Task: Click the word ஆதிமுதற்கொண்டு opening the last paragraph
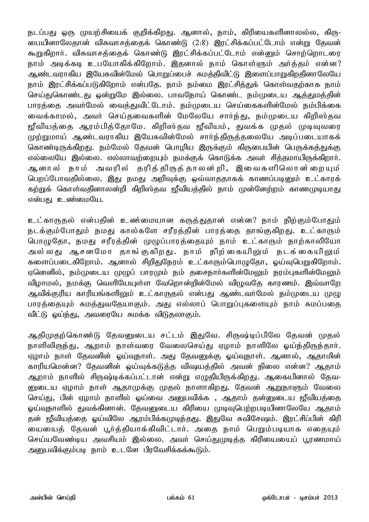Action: click(x=59, y=334)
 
